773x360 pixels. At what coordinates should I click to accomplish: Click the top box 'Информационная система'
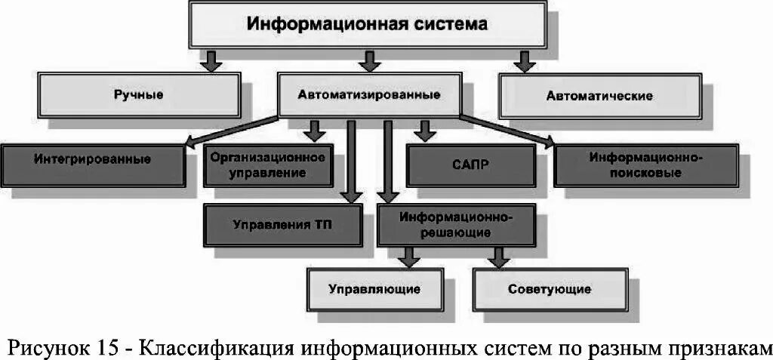coord(368,25)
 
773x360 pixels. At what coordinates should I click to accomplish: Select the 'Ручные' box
coord(140,95)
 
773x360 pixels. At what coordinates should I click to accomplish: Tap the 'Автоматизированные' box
coord(369,96)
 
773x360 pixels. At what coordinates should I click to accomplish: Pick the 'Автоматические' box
coord(599,96)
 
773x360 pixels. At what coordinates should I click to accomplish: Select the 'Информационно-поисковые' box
coord(645,165)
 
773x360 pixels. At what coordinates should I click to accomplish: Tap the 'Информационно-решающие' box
coord(456,225)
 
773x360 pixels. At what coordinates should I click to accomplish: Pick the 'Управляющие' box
coord(374,289)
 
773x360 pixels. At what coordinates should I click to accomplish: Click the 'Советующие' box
coord(550,289)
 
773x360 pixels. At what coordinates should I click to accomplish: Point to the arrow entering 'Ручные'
coord(212,60)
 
